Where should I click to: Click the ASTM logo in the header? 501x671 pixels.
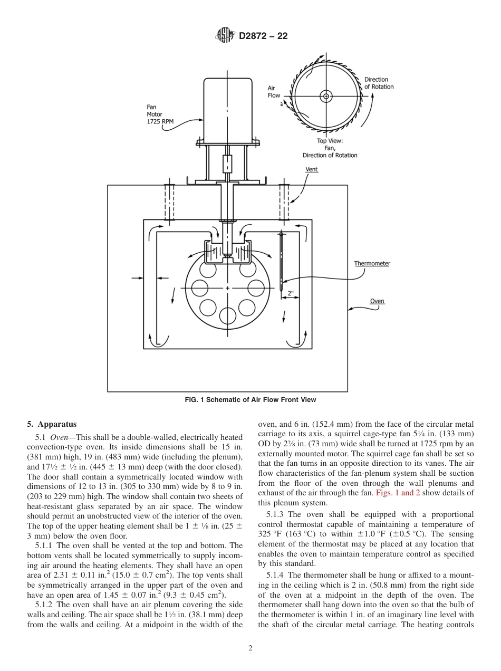tap(225, 36)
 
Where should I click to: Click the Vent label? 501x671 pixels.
tap(312, 169)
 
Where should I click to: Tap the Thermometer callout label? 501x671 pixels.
tap(372, 263)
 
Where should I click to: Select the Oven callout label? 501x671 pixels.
tap(377, 301)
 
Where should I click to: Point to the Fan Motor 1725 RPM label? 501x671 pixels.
tap(160, 114)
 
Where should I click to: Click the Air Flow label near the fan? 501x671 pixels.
tap(274, 92)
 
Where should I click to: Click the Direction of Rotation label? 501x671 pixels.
tap(379, 83)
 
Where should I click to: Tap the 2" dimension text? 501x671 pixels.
tap(291, 292)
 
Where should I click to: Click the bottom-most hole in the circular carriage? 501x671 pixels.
tap(227, 315)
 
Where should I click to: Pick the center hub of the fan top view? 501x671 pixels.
tap(326, 96)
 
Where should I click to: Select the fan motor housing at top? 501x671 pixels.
tap(227, 108)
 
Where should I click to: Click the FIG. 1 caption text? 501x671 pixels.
tap(250, 400)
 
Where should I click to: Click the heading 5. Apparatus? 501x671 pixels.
tap(52, 424)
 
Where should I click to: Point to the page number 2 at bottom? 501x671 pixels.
tap(250, 649)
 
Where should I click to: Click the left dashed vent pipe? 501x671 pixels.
tap(169, 202)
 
